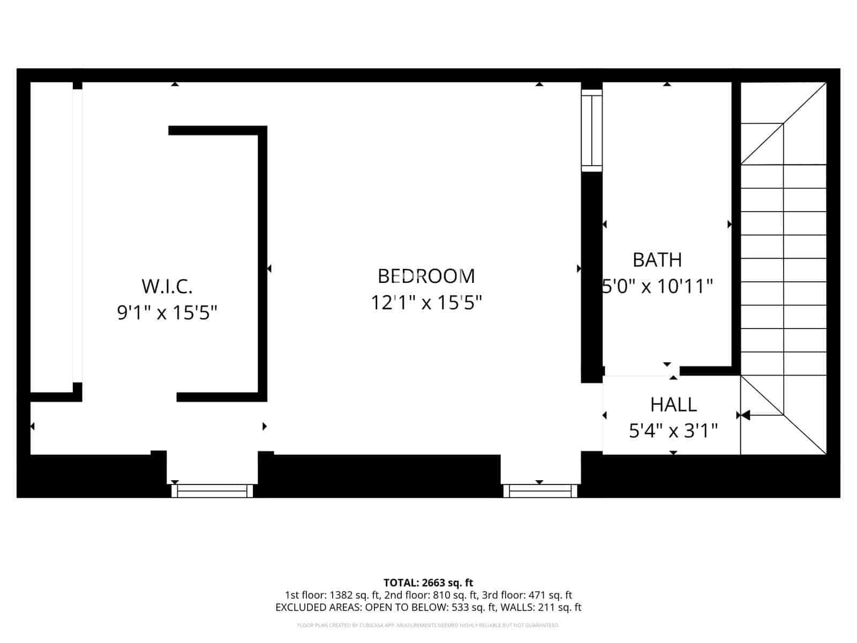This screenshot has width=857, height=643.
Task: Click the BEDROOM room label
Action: [426, 276]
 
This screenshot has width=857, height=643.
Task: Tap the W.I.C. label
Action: [167, 286]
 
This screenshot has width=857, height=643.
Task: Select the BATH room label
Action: [657, 260]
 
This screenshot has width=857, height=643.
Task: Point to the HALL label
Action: [673, 405]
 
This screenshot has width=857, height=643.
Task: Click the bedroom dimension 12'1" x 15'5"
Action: [426, 303]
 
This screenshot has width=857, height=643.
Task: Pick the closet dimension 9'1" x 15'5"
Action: [167, 312]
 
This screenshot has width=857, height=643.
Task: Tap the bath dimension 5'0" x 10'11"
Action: [658, 287]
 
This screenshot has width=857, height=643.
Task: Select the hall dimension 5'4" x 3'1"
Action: [673, 431]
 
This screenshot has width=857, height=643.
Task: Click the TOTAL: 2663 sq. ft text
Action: [428, 582]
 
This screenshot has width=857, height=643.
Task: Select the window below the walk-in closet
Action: [212, 490]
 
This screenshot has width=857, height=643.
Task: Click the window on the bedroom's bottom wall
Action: [539, 490]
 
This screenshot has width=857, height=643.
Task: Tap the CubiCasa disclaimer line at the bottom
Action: [428, 625]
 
